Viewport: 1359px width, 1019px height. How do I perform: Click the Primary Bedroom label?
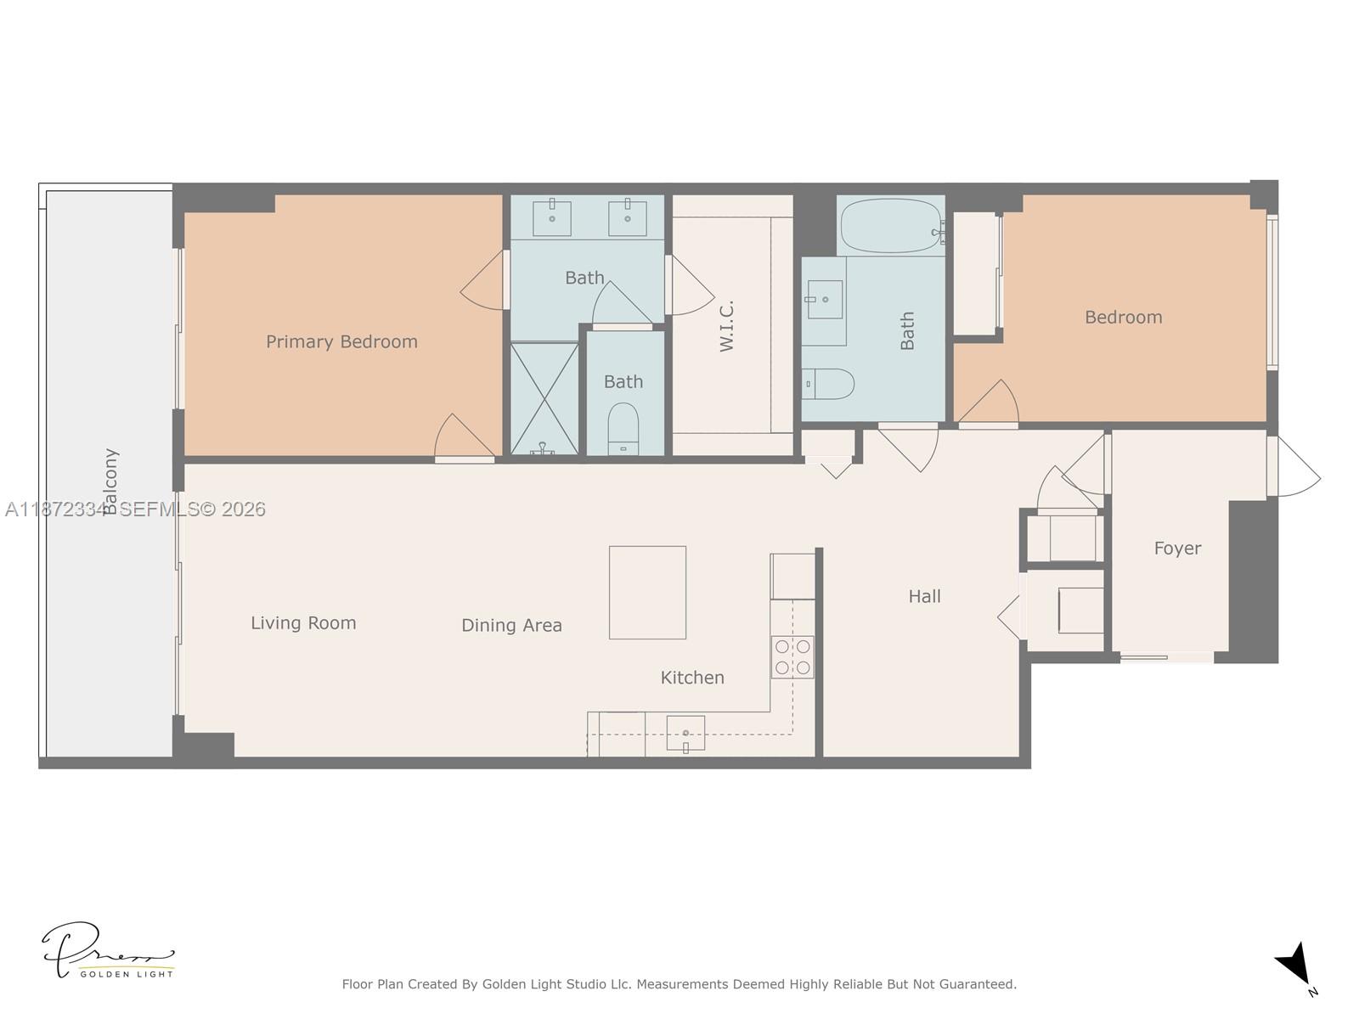[x=341, y=341]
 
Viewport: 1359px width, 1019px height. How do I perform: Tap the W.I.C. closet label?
[x=726, y=325]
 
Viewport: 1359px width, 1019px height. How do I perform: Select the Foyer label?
[x=1177, y=549]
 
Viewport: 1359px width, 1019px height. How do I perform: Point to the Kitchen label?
[x=692, y=678]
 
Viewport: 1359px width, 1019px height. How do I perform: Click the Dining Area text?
[x=511, y=626]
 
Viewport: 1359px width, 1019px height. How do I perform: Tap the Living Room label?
[x=303, y=623]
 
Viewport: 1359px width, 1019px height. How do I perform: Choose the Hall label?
[x=924, y=597]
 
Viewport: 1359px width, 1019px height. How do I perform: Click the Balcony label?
[x=110, y=481]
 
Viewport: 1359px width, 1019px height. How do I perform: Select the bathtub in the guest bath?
[x=889, y=226]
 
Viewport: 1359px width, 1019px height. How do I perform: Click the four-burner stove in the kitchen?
[x=792, y=657]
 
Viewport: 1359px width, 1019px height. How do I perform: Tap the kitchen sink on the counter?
[x=685, y=733]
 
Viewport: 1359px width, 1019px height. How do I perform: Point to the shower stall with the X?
[x=544, y=398]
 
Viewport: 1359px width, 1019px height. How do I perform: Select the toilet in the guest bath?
[x=828, y=384]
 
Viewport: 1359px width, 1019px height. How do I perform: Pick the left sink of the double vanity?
[x=552, y=217]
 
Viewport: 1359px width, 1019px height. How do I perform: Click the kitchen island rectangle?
[x=647, y=592]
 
